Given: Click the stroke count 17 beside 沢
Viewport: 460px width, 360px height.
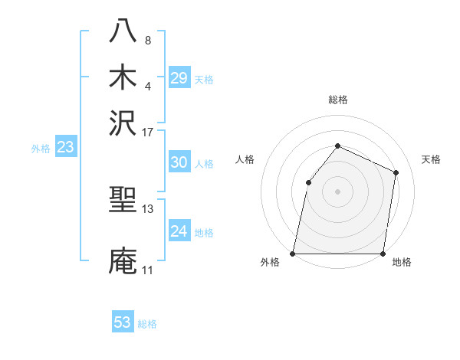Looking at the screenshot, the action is (x=148, y=132).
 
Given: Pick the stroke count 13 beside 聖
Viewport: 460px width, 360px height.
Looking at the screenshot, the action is (x=148, y=208).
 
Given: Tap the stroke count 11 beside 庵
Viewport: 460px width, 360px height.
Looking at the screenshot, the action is (x=148, y=270).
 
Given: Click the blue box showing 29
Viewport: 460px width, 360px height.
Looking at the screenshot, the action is (x=179, y=78).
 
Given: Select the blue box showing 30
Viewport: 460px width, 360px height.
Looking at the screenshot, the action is (x=179, y=162).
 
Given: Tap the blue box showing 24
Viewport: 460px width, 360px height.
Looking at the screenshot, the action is (x=179, y=231).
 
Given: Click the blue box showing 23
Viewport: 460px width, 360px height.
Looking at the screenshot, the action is (x=65, y=148).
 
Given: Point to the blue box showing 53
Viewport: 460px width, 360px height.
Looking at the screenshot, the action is (x=123, y=322).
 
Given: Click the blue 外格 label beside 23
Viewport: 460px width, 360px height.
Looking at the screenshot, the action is (x=41, y=149).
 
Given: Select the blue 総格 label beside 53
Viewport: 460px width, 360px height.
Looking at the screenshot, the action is (x=147, y=324).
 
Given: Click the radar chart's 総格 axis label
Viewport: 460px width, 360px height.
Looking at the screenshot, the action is (x=338, y=100).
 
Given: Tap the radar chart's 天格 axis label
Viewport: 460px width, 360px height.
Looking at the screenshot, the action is (x=431, y=159).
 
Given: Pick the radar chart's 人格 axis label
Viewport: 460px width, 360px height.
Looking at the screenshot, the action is (x=245, y=159).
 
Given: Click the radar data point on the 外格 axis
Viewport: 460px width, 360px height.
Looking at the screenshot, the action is (x=293, y=254).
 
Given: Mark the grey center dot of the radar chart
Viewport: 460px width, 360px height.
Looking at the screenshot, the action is (x=338, y=191).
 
